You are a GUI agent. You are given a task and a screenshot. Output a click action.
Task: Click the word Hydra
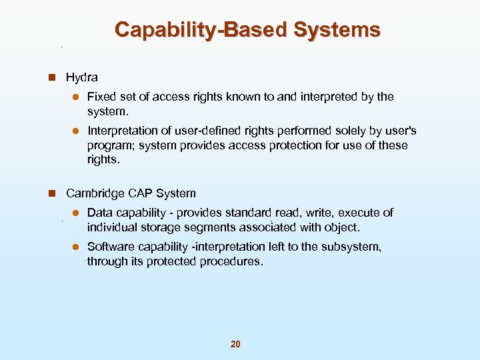[81, 77]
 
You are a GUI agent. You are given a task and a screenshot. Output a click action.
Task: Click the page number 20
[235, 344]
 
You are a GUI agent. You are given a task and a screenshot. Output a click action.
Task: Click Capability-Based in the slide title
[200, 30]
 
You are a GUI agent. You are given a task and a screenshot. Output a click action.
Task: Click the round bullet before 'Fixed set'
[77, 97]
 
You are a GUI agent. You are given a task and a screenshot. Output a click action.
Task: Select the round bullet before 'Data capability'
[77, 213]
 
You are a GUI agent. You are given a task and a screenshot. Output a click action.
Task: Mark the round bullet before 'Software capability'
[77, 247]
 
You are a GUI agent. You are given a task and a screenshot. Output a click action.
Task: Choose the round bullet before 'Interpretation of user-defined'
[77, 131]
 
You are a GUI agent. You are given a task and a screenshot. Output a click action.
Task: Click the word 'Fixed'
[101, 97]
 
